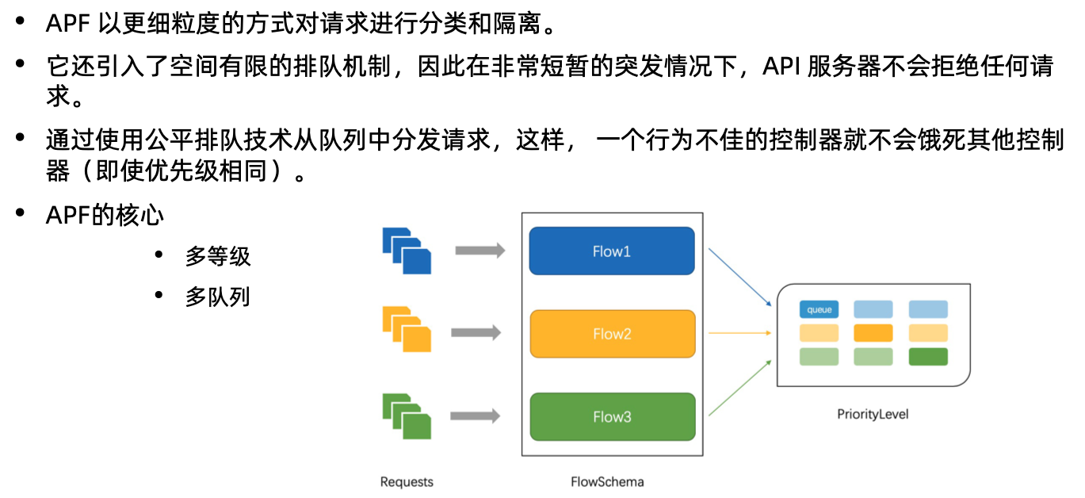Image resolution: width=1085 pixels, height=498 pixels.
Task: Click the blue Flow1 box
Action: point(612,251)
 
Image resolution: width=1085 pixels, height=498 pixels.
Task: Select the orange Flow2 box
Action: point(613,334)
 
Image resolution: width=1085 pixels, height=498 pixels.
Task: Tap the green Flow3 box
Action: point(613,416)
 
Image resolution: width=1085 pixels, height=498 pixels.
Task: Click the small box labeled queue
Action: point(819,309)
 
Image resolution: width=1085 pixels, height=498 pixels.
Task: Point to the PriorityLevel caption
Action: point(873,414)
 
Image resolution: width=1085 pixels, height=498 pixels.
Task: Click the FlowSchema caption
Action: point(607,481)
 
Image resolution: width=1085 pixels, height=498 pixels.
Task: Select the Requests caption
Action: point(407,481)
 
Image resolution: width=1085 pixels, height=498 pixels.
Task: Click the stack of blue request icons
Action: point(407,251)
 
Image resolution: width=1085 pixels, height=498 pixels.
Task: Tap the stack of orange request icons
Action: point(407,329)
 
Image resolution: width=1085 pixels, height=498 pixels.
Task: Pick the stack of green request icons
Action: point(407,416)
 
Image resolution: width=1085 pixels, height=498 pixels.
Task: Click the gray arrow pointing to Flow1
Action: point(480,251)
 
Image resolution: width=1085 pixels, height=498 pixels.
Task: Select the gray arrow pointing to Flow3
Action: point(476,416)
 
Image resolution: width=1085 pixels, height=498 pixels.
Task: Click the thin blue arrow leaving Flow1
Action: point(739,277)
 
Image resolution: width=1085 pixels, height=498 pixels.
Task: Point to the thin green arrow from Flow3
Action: point(739,388)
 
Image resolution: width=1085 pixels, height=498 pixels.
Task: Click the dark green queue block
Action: point(928,357)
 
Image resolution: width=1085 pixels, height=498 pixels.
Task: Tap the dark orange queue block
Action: point(873,333)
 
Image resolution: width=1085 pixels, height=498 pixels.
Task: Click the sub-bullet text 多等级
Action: point(218,256)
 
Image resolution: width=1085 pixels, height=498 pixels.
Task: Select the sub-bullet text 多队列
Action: point(218,297)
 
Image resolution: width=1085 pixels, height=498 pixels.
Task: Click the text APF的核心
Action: point(105,215)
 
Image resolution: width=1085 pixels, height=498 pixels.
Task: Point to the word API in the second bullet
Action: point(781,66)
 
